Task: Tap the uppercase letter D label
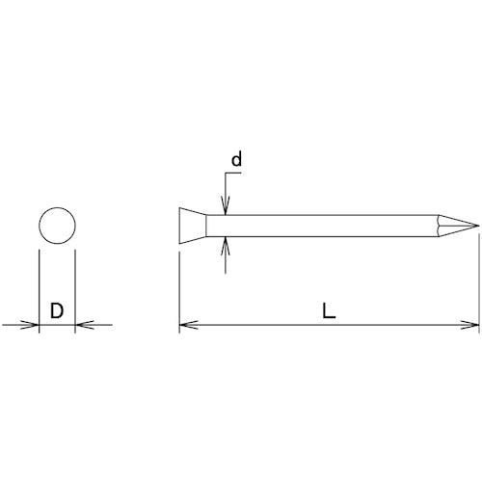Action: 57,311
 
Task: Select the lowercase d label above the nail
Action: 236,160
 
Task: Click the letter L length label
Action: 329,311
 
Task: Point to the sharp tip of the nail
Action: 477,227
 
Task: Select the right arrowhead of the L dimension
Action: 471,326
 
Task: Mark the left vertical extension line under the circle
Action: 39,289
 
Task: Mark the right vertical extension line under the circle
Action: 74,289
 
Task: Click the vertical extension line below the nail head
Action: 179,289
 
